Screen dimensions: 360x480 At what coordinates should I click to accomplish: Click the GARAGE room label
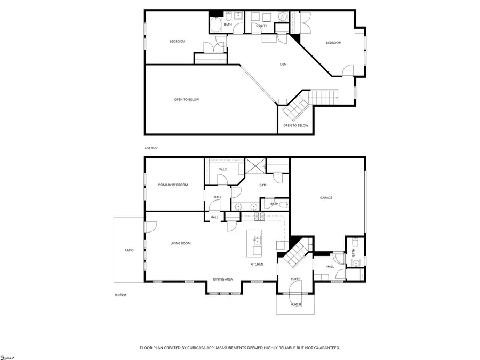pyautogui.click(x=326, y=198)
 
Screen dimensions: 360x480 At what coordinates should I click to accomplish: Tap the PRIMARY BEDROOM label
pyautogui.click(x=173, y=185)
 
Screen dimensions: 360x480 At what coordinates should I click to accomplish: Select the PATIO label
pyautogui.click(x=129, y=250)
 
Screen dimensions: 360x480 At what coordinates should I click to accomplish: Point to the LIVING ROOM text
pyautogui.click(x=180, y=243)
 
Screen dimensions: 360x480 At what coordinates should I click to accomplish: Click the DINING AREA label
pyautogui.click(x=222, y=279)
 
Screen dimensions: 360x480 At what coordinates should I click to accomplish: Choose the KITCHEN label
pyautogui.click(x=257, y=265)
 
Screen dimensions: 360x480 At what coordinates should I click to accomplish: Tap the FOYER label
pyautogui.click(x=295, y=279)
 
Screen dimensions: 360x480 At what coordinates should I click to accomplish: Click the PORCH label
pyautogui.click(x=295, y=304)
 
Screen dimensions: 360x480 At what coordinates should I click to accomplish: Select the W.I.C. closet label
pyautogui.click(x=223, y=170)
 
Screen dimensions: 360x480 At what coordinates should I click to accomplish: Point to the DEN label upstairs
pyautogui.click(x=283, y=65)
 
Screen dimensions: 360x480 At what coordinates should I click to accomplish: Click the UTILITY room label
pyautogui.click(x=261, y=25)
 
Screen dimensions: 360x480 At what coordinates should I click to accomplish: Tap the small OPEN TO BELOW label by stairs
pyautogui.click(x=295, y=126)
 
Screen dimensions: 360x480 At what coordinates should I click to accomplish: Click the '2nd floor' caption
pyautogui.click(x=150, y=148)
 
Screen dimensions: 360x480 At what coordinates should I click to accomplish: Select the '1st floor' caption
pyautogui.click(x=120, y=294)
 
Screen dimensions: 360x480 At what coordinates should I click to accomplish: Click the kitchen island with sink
pyautogui.click(x=255, y=244)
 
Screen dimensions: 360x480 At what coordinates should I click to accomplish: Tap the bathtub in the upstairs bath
pyautogui.click(x=215, y=26)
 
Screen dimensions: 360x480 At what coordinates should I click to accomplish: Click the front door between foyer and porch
pyautogui.click(x=295, y=292)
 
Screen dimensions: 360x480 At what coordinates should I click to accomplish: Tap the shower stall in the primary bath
pyautogui.click(x=254, y=166)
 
